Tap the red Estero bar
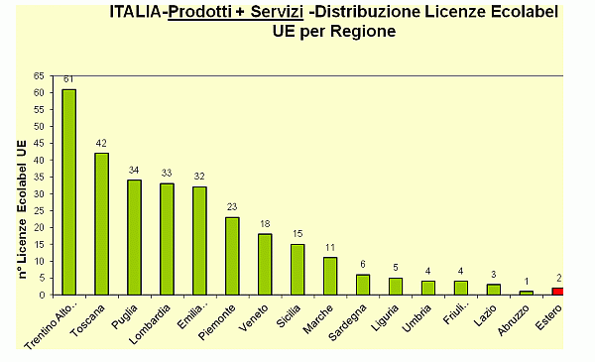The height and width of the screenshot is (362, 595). (x=558, y=291)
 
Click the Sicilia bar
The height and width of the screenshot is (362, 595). (x=297, y=269)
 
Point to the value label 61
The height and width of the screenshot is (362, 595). (x=68, y=80)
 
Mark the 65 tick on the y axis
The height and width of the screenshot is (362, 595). (x=39, y=75)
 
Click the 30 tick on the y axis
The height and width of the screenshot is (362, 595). (x=39, y=193)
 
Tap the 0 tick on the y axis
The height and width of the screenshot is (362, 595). (x=42, y=295)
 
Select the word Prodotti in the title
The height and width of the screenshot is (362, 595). (x=203, y=12)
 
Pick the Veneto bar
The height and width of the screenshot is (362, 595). (x=265, y=264)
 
